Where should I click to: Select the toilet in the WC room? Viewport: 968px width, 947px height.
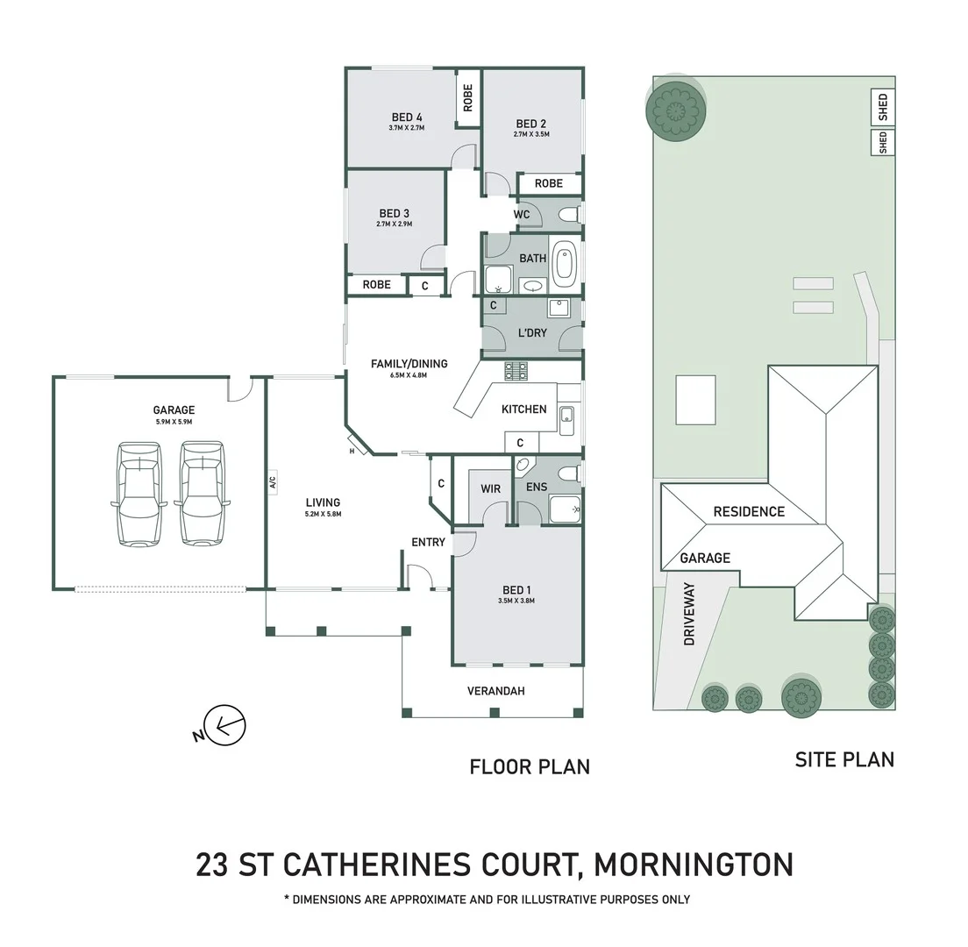coord(568,215)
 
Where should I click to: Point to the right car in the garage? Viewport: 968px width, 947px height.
coord(202,493)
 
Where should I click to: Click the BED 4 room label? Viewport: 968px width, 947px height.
coord(407,117)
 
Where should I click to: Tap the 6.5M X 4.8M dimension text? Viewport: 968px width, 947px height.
coord(409,376)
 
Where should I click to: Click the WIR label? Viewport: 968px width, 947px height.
coord(490,488)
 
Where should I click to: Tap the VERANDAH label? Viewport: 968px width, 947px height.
coord(495,691)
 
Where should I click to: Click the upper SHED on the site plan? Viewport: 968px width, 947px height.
coord(882,107)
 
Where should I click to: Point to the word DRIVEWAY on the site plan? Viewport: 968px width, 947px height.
coord(689,614)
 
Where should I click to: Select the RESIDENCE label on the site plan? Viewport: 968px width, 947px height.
coord(749,512)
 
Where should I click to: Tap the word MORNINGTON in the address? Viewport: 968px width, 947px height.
coord(694,865)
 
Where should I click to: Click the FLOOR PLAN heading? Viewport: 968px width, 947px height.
coord(530,767)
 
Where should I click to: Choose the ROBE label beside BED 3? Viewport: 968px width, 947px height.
coord(376,285)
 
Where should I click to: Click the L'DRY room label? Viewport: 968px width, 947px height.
coord(532,333)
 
